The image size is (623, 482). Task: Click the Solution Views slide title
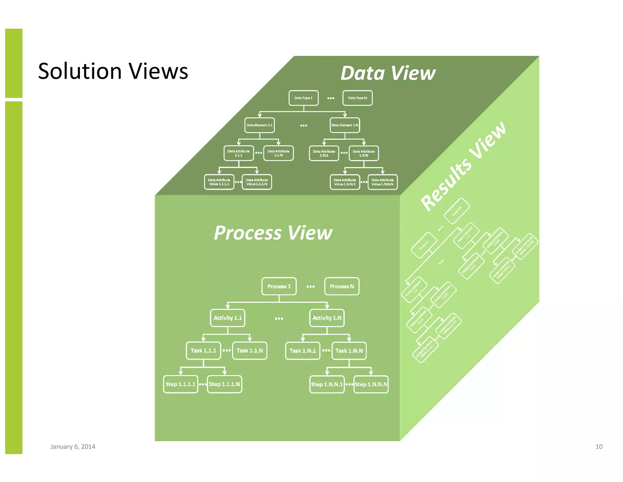(113, 71)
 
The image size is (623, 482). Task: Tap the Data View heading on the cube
(388, 73)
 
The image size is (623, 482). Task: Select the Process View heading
(273, 233)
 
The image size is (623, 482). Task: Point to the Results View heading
(463, 166)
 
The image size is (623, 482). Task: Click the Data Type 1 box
(303, 98)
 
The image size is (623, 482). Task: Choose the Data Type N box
(357, 98)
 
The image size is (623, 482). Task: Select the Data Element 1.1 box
(259, 125)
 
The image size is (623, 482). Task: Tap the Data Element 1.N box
(345, 125)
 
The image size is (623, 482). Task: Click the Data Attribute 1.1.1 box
(238, 153)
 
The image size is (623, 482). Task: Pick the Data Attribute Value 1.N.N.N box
(382, 182)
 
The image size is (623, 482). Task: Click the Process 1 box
(279, 286)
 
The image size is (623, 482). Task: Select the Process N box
(342, 286)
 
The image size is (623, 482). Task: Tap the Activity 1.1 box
(228, 318)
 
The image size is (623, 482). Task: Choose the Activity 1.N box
(327, 318)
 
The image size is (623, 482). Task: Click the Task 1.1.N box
(249, 351)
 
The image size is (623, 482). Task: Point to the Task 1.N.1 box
(302, 351)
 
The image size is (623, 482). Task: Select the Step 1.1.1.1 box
(180, 384)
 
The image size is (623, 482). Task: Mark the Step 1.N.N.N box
(371, 384)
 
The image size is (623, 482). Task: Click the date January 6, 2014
(73, 447)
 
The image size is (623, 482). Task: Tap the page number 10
(599, 447)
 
